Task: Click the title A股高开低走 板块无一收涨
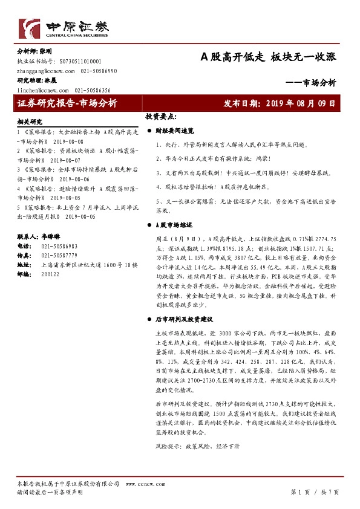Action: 268,57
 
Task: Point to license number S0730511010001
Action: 80,62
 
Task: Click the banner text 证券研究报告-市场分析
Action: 67,103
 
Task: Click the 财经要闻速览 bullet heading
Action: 174,131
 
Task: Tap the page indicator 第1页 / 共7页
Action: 315,492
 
